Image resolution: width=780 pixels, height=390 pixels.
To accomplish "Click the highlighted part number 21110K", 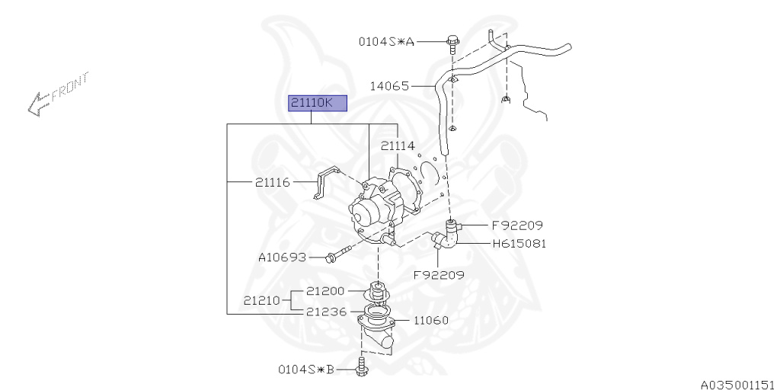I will coord(317,104).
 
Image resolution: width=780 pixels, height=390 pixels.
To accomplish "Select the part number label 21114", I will coord(398,145).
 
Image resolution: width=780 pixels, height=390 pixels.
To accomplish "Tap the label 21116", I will coord(273,183).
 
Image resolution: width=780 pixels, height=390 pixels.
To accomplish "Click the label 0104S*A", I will coord(387,42).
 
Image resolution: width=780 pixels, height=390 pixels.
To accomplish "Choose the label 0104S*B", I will coord(306,369).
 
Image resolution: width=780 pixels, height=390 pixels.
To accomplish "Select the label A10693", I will coord(283,257).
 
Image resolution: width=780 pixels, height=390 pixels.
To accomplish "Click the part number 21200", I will coord(326,291).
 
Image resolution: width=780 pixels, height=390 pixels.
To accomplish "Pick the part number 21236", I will coord(326,312).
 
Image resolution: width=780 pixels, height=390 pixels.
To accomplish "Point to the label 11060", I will coord(430,320).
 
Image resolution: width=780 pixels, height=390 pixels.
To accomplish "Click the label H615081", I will coord(519,244).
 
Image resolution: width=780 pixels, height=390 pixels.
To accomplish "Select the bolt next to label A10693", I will coord(337,256).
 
